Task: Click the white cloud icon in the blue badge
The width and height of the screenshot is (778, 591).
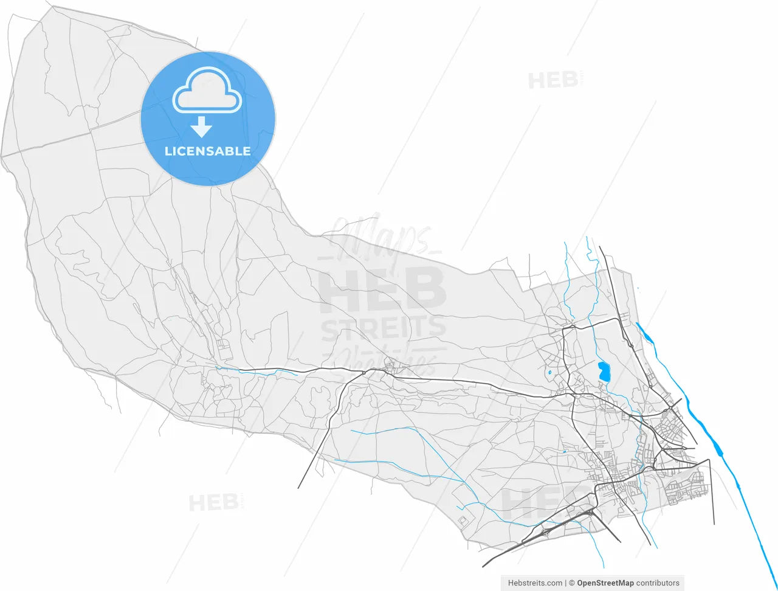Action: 207,91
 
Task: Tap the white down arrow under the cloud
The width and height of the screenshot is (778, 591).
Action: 201,127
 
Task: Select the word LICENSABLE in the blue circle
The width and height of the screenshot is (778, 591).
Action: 207,151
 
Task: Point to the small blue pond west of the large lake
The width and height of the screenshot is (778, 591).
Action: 549,372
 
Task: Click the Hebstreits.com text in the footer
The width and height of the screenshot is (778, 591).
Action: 535,583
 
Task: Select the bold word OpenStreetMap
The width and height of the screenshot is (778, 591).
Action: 605,583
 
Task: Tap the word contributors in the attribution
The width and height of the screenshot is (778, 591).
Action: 658,583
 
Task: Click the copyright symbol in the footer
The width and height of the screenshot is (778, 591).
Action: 572,583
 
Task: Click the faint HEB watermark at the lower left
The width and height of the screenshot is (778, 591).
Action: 213,503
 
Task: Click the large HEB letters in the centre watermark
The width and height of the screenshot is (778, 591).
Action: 383,289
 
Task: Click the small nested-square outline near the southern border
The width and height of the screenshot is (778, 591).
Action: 464,520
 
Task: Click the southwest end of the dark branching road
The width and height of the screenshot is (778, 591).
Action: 298,488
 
